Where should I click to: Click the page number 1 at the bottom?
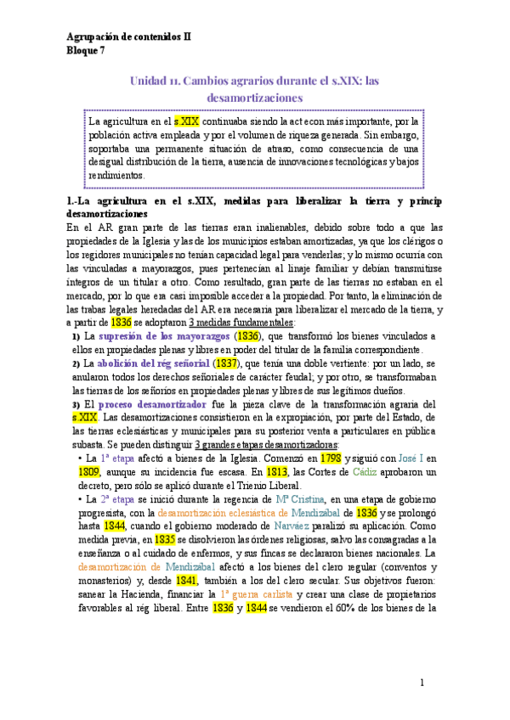click(x=422, y=683)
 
